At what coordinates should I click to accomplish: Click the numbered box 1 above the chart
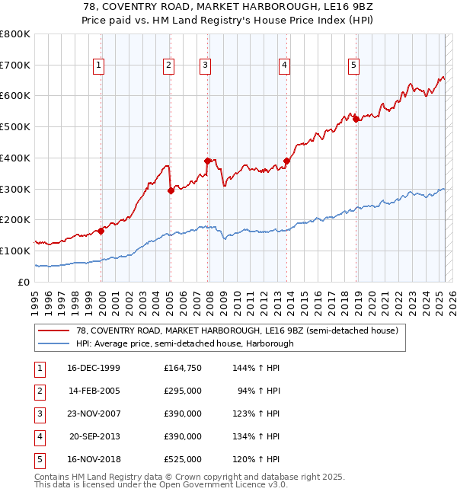click(100, 66)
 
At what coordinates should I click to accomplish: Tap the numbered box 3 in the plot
click(206, 66)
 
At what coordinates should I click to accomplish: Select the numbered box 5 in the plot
click(354, 66)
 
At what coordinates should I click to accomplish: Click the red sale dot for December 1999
click(101, 231)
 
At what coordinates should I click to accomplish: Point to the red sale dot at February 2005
click(171, 190)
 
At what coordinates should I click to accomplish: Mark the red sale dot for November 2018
click(356, 119)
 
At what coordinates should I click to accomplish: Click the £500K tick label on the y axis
click(14, 127)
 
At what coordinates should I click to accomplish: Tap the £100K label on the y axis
click(14, 251)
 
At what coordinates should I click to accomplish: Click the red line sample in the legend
click(53, 331)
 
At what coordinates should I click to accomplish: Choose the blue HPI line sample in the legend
click(53, 343)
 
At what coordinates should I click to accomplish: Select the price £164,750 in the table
click(183, 369)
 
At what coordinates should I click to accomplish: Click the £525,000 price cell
click(183, 460)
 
